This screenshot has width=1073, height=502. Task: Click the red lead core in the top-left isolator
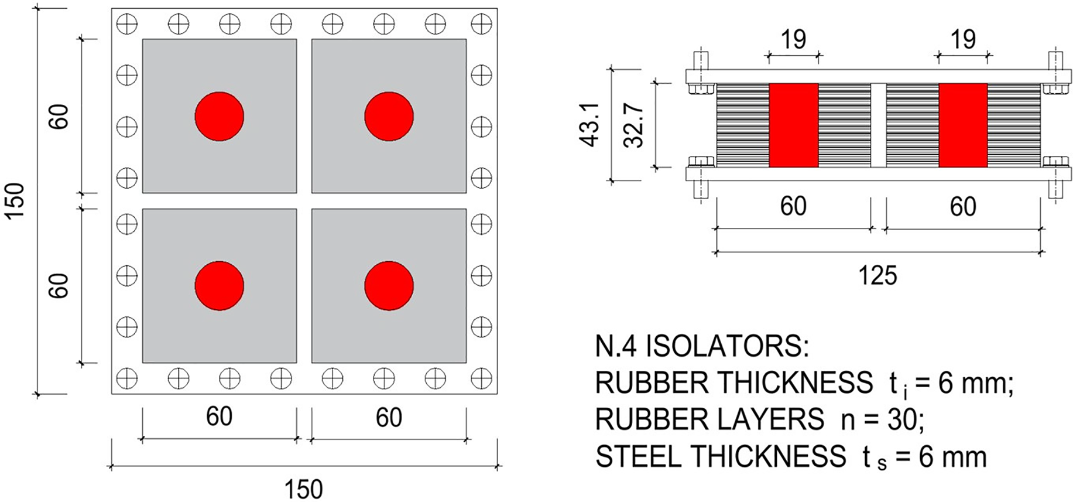pos(220,116)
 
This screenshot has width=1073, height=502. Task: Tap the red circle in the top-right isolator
pos(389,116)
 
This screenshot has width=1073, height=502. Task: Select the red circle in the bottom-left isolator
pos(220,286)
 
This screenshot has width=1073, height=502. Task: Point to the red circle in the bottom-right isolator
pos(389,286)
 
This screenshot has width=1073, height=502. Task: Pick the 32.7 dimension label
pos(634,125)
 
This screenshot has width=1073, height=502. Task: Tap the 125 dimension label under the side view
pos(877,275)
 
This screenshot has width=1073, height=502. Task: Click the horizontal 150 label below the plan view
pos(303,489)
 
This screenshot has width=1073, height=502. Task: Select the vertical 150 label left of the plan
pos(15,201)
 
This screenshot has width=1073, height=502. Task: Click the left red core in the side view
pos(794,125)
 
